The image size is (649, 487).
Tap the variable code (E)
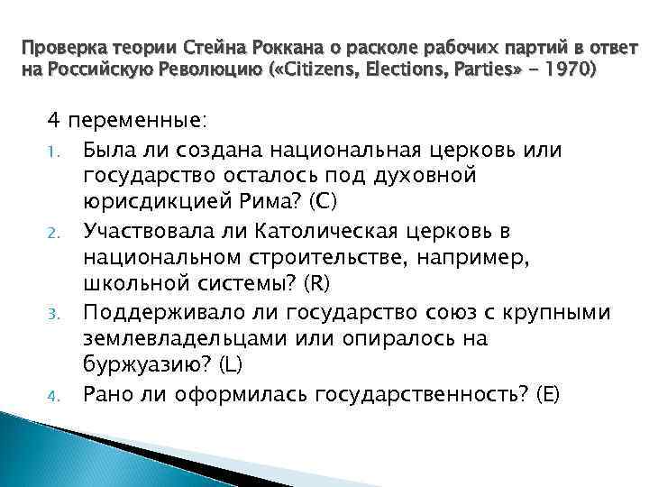point(544,393)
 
